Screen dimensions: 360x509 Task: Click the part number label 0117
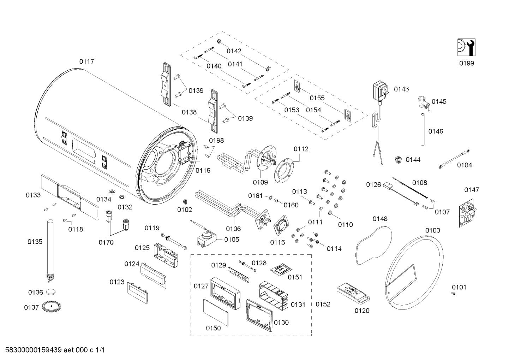pyautogui.click(x=86, y=61)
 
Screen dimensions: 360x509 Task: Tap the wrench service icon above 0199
pyautogui.click(x=466, y=47)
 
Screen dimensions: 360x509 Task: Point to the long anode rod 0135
pyautogui.click(x=49, y=249)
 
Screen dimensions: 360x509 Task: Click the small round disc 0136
pyautogui.click(x=52, y=292)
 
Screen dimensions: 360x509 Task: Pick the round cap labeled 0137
pyautogui.click(x=52, y=306)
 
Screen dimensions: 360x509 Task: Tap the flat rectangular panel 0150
pyautogui.click(x=216, y=312)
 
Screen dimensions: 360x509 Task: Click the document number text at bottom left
pyautogui.click(x=53, y=350)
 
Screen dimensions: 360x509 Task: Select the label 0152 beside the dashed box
pyautogui.click(x=323, y=304)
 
